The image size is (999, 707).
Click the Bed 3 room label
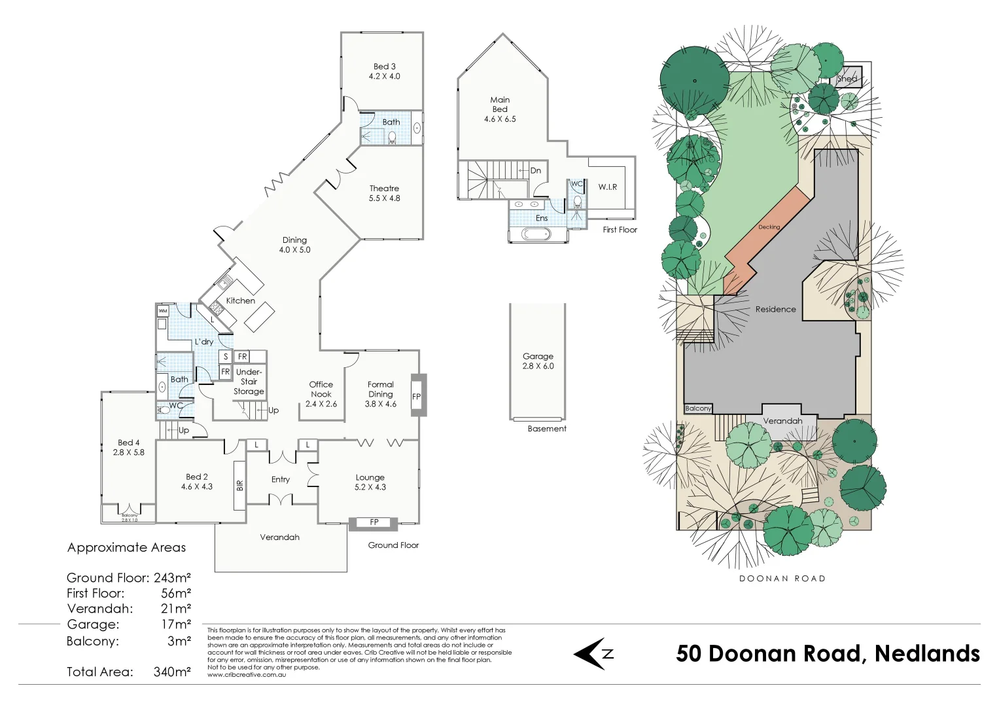(384, 71)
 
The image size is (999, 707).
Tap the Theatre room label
(384, 193)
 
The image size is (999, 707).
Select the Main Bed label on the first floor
(500, 109)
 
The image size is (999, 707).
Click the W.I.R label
(608, 187)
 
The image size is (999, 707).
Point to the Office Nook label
(321, 394)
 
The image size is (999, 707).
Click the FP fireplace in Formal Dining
(416, 396)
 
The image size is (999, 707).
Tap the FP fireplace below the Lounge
(374, 522)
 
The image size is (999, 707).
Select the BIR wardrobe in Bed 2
(239, 485)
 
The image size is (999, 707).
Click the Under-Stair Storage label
(249, 382)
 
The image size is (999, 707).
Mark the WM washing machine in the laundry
(163, 310)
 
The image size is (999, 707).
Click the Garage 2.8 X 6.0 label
(538, 361)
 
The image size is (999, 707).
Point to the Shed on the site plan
(847, 79)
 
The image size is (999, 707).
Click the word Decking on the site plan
(769, 227)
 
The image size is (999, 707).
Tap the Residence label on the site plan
(775, 309)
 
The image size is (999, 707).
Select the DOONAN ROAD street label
(782, 579)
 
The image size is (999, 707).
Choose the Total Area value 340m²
(172, 672)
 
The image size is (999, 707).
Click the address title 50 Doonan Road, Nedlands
(828, 653)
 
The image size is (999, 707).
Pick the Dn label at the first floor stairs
(535, 171)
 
